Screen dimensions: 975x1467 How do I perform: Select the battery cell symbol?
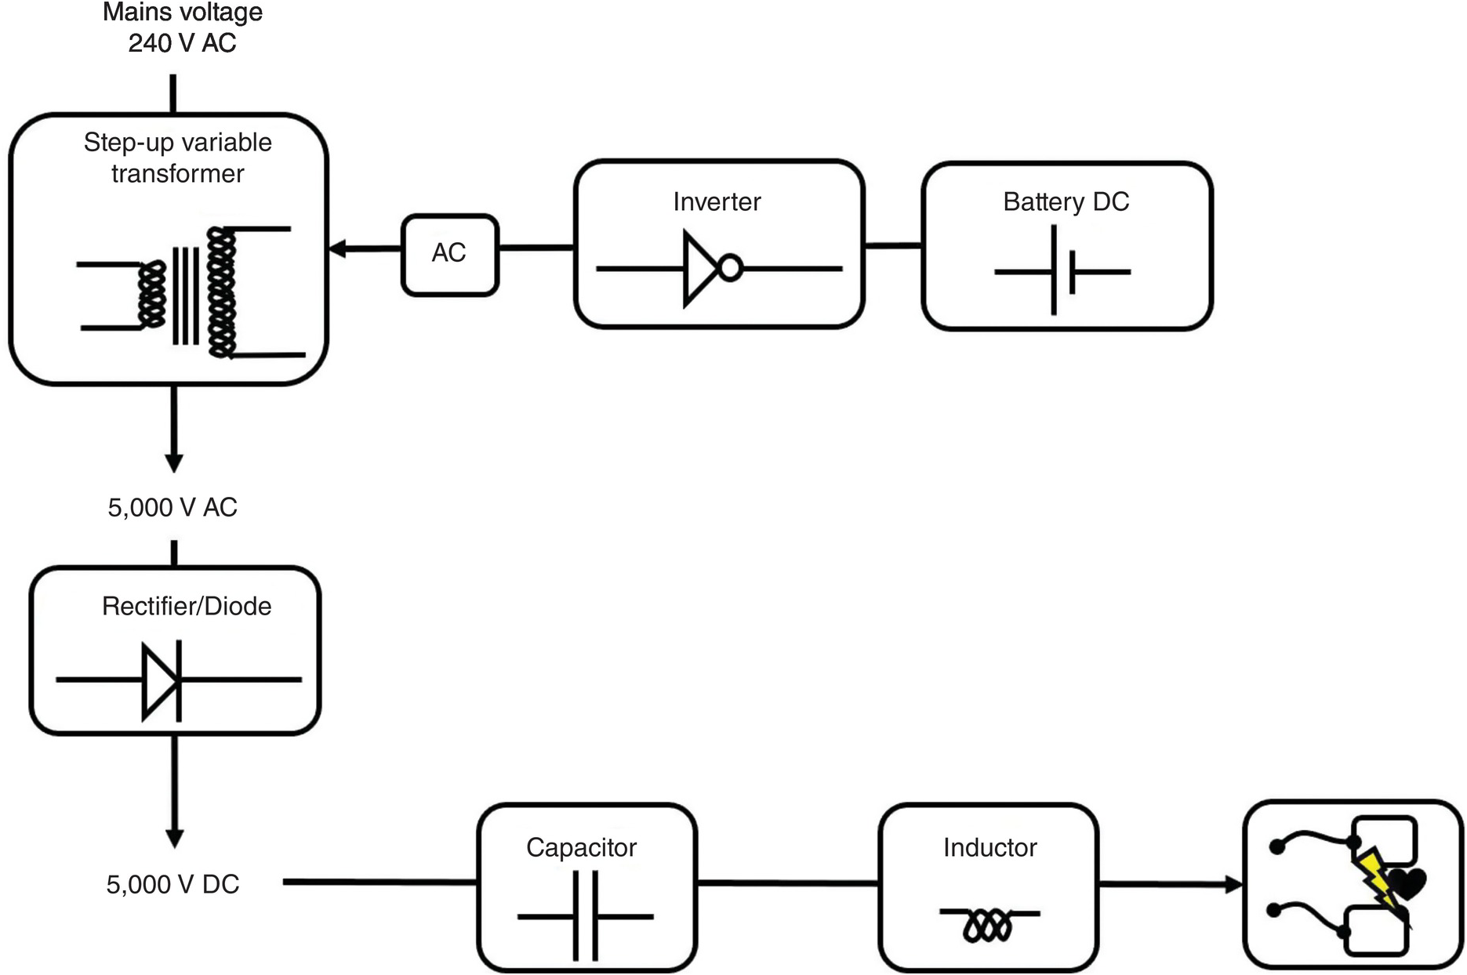pos(1062,271)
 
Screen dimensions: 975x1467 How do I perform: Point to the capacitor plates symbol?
pos(585,915)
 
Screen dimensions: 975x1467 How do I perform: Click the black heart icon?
pos(1407,884)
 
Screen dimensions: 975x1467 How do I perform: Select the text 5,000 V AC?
pos(172,508)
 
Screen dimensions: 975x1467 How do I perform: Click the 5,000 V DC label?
pos(172,885)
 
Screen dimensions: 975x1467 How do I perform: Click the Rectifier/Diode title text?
pos(187,607)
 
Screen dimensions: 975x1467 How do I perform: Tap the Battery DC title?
pos(1066,202)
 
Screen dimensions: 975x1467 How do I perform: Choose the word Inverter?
pos(717,202)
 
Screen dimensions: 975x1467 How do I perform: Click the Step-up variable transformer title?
pos(178,158)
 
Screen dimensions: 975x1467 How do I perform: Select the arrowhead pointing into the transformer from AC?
pos(337,249)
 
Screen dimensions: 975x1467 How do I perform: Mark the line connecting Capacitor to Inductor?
pos(787,883)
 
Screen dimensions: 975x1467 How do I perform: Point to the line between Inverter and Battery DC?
pos(893,245)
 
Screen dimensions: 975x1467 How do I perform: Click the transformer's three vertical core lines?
pos(186,295)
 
